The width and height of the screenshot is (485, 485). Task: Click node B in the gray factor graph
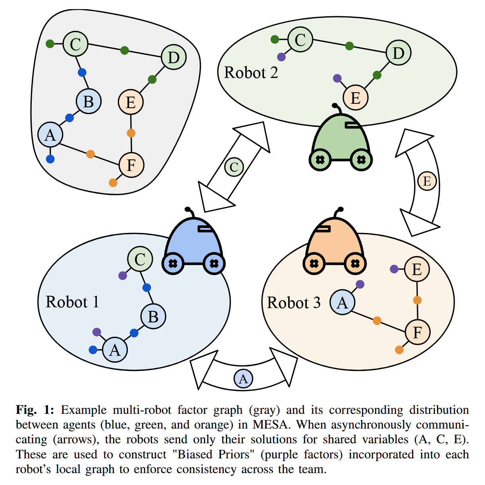89,101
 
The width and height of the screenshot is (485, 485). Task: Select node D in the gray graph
174,57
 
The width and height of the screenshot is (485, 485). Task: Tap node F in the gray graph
131,165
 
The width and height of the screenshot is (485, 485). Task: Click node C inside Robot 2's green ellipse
300,40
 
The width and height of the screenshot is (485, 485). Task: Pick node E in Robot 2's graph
356,98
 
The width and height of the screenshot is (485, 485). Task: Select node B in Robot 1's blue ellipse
153,317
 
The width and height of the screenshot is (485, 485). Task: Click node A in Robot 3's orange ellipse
343,303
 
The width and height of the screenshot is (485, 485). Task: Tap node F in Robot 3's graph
418,332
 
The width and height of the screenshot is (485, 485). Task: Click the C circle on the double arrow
234,167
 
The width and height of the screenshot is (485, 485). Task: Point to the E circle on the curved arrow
427,181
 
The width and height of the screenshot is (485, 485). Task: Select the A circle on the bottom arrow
244,378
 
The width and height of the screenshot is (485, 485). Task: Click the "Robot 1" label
72,302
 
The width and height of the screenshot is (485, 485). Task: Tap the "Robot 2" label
251,73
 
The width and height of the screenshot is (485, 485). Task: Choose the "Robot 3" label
294,303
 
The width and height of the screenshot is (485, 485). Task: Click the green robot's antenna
337,108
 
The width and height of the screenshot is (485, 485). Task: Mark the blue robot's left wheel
173,263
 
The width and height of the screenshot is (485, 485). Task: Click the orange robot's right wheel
355,263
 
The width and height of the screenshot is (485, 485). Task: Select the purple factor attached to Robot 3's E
394,269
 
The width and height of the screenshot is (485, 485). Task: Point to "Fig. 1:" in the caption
35,410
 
